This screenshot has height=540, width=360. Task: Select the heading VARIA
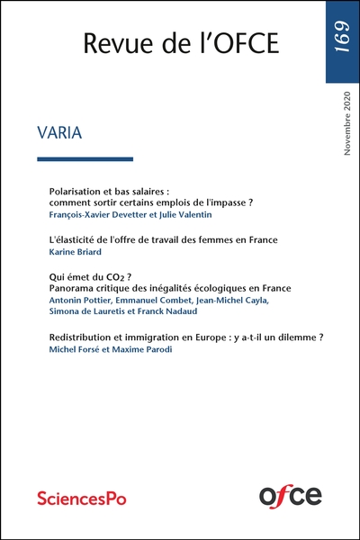[x=60, y=133]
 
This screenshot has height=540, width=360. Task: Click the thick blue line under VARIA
[x=85, y=159]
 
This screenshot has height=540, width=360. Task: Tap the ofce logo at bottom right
[x=290, y=493]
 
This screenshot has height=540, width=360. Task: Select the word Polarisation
[x=76, y=192]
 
